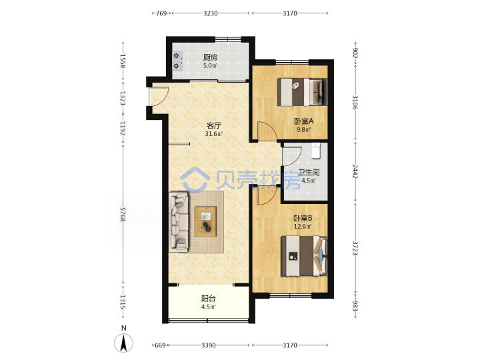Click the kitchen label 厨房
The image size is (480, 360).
(x=210, y=57)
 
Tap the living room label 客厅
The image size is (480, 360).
(x=214, y=125)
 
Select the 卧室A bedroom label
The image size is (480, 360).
(x=304, y=121)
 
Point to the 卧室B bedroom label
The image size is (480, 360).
(x=303, y=218)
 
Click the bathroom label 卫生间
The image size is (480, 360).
(x=309, y=173)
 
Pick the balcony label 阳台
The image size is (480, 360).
(x=209, y=299)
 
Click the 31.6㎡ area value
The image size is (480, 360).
(x=214, y=134)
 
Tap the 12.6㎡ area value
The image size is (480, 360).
(x=303, y=227)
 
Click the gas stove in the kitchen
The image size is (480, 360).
(x=177, y=61)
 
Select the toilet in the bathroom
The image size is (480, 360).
(x=315, y=151)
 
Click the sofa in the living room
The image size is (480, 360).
(x=179, y=222)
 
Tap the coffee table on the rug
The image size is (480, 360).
(x=205, y=221)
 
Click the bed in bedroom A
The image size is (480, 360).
(x=302, y=92)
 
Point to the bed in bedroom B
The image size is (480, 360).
(x=304, y=255)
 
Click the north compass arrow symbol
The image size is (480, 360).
(x=124, y=343)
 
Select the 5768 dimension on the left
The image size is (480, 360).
(x=123, y=214)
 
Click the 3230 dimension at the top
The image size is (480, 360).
(x=211, y=13)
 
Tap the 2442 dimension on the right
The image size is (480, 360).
(x=355, y=171)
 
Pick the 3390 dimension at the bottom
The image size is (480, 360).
(x=209, y=345)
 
